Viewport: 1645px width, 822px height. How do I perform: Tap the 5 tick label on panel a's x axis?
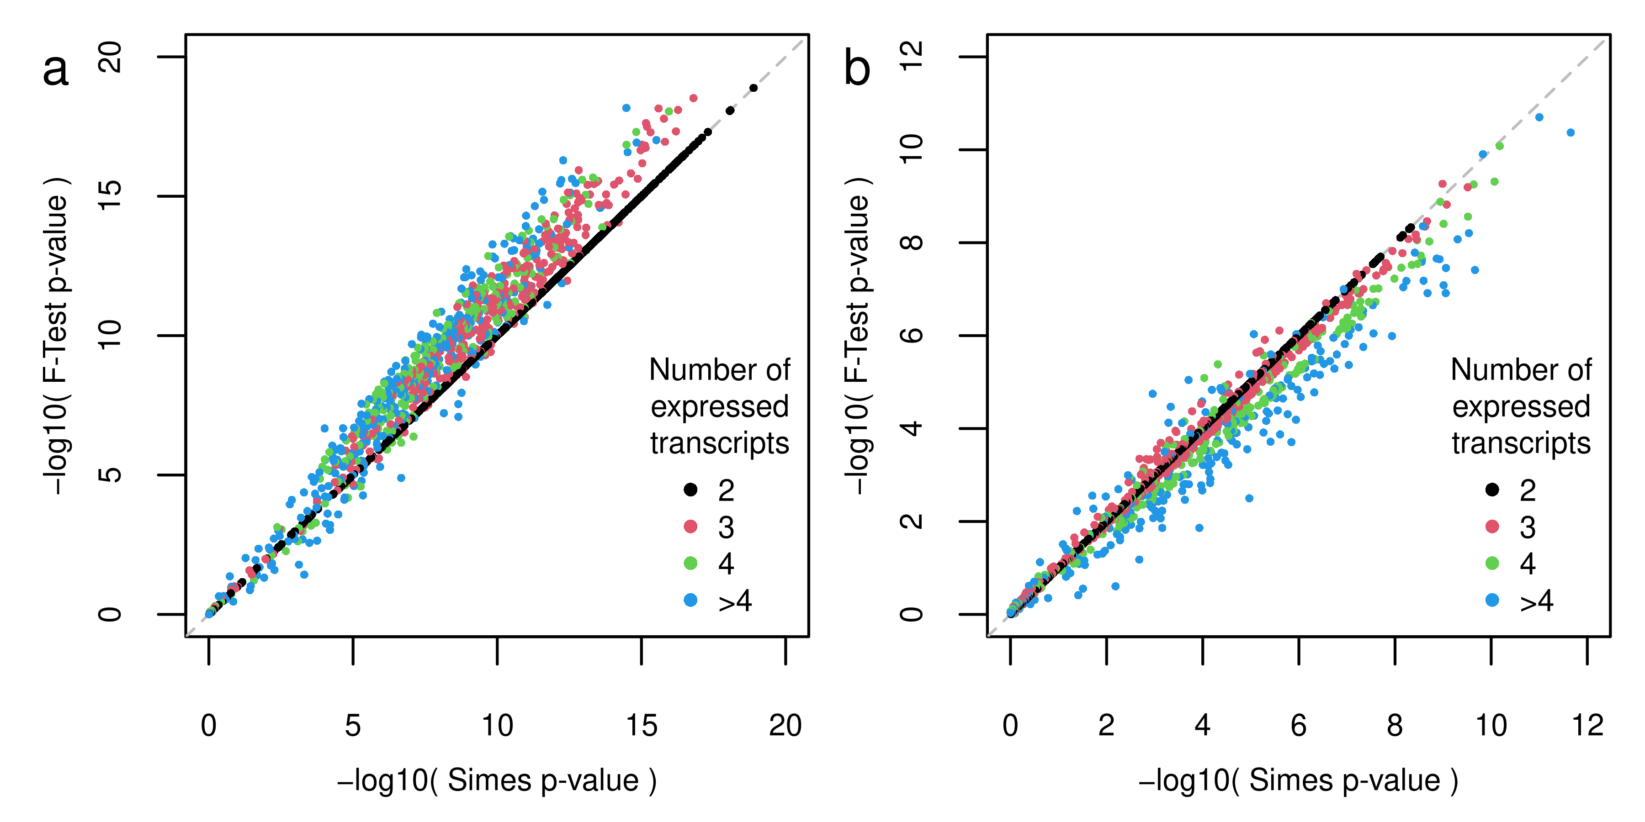352,726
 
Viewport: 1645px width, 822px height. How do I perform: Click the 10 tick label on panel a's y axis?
110,335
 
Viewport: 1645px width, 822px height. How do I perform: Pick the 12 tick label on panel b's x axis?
1587,726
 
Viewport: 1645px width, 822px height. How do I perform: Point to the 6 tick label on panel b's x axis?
1298,726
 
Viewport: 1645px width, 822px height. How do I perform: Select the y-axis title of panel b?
858,335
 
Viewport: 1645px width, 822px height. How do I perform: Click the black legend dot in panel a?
690,490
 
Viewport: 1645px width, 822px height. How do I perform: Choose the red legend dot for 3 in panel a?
690,527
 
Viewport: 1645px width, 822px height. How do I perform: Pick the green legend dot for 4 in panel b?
1492,563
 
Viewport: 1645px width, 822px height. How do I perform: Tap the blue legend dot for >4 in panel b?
1492,600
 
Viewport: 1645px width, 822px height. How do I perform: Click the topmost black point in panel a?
754,88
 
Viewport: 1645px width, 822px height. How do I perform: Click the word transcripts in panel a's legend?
720,443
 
